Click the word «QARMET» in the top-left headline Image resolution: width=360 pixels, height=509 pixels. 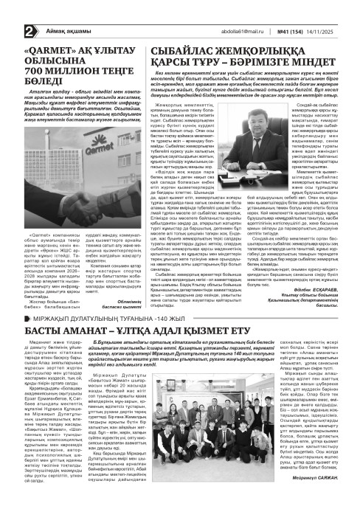pos(46,31)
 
